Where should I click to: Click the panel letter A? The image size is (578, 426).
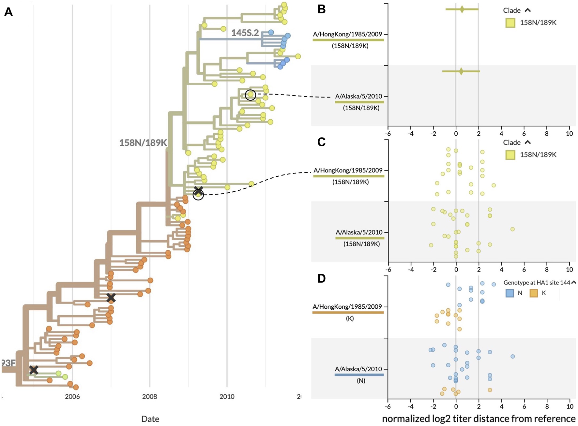coord(8,12)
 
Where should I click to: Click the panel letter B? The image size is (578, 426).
coord(321,9)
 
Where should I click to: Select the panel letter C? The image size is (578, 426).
coord(321,142)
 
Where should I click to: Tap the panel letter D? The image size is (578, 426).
coord(321,278)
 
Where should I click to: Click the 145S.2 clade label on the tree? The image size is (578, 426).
coord(245,33)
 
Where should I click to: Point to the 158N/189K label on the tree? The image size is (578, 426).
coord(143,143)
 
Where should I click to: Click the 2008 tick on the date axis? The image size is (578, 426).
coord(149,397)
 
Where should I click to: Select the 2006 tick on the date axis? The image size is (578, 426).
coord(72,397)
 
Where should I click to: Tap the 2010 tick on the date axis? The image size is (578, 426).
coord(227,397)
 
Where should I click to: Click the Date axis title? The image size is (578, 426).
coord(150,419)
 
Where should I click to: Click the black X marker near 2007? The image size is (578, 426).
coord(111,298)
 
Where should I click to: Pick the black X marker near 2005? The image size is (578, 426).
coord(34,370)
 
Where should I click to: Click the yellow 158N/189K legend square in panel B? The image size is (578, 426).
coord(510,23)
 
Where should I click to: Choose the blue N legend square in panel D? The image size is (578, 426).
coord(510,293)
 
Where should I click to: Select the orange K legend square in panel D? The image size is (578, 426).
coord(534,293)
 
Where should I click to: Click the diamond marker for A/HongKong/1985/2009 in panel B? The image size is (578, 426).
coord(462,9)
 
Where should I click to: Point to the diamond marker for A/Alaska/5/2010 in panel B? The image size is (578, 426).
coord(461,71)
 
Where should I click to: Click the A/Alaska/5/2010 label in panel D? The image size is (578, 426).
coord(358,369)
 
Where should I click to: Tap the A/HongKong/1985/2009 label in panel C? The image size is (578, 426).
coord(348,170)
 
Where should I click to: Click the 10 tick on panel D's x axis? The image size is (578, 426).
coord(570,406)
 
